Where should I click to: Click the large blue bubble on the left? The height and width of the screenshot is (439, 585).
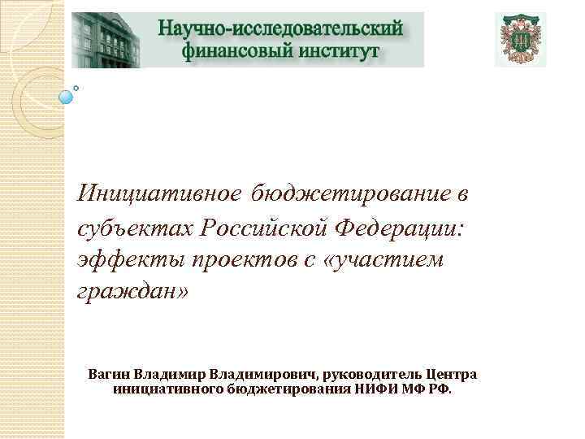(67, 97)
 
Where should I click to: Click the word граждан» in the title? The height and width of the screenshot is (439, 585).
(132, 290)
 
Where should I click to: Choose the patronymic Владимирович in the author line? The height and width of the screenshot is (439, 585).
(262, 374)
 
